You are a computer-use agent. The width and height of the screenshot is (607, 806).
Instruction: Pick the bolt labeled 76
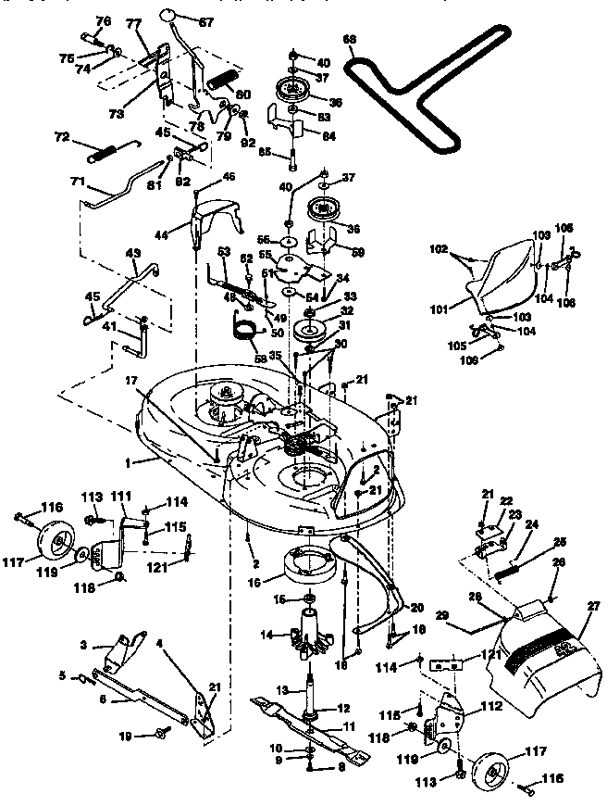tap(93, 39)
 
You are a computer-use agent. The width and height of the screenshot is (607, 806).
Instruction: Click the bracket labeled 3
tap(122, 649)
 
